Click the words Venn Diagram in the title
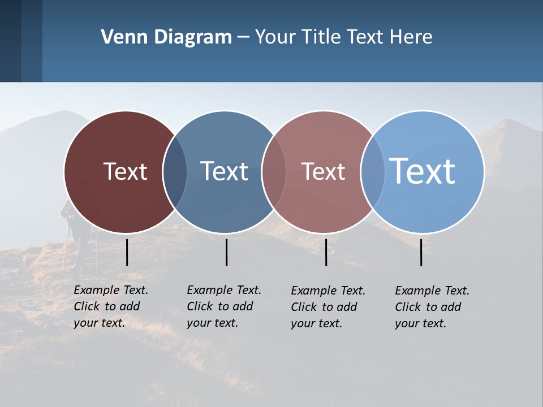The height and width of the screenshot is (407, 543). click(166, 37)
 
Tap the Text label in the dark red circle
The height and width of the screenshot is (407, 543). click(125, 171)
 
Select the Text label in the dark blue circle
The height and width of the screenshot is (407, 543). click(224, 171)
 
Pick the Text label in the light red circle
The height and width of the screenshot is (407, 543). click(323, 171)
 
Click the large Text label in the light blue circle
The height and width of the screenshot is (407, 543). click(423, 171)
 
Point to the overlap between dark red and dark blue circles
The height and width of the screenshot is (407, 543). click(175, 172)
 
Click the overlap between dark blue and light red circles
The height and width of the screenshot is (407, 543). click(274, 172)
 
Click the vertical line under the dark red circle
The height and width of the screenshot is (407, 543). click(127, 252)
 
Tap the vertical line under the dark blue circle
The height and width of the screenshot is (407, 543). click(226, 252)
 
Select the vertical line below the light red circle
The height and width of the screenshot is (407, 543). click(326, 252)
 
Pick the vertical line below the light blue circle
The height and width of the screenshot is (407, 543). click(421, 252)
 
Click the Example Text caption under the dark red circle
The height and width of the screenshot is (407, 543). click(110, 306)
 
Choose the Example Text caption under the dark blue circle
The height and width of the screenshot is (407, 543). click(223, 306)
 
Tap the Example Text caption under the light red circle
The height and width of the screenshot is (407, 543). click(327, 307)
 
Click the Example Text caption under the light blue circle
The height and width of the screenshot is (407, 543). click(432, 307)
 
